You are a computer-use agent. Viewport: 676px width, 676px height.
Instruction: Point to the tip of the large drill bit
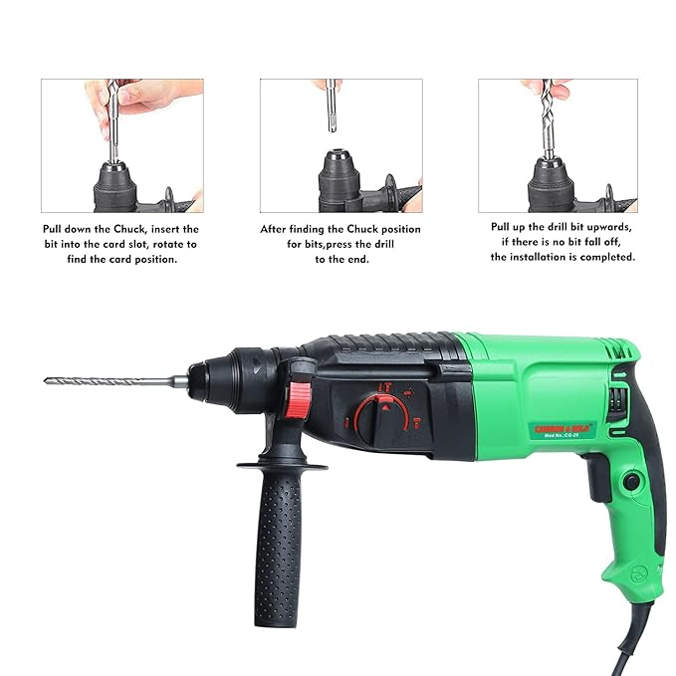[48, 380]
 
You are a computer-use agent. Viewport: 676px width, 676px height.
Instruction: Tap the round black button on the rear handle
[630, 482]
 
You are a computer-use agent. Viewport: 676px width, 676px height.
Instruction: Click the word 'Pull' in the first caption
[56, 229]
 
